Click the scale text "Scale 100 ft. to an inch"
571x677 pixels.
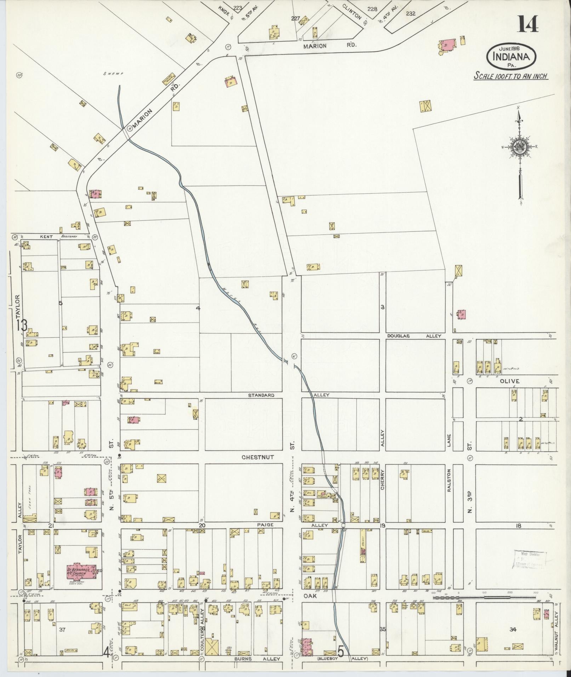(x=511, y=76)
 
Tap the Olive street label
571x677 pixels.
(x=510, y=381)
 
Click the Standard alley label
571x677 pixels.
(x=261, y=395)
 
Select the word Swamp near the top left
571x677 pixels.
(x=113, y=74)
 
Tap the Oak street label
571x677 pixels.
(x=309, y=596)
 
